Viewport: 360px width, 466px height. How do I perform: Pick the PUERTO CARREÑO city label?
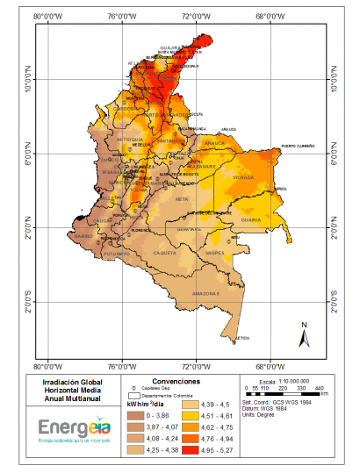[x=299, y=146]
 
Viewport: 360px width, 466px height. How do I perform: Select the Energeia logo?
[x=75, y=427]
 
